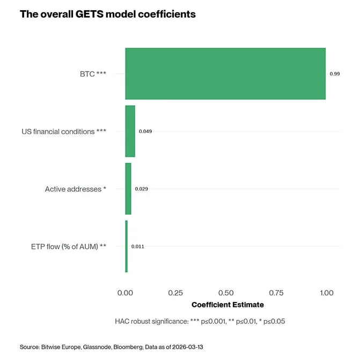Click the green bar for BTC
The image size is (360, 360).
pos(225,74)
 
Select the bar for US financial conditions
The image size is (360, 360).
pos(130,131)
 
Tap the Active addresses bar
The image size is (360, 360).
pos(128,189)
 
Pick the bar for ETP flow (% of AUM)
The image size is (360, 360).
pos(126,246)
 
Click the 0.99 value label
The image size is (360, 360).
pos(334,74)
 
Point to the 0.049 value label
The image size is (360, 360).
pos(145,131)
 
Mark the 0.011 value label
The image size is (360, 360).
pos(138,246)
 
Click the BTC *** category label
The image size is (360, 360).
pos(89,74)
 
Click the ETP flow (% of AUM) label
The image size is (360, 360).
pos(68,246)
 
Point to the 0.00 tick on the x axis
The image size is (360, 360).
pos(126,293)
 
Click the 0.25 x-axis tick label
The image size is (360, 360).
pos(175,293)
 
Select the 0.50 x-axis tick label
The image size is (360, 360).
pos(226,293)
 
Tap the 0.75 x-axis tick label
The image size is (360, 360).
pos(276,293)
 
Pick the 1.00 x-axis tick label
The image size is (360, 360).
pos(326,293)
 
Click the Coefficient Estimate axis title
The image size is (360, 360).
pos(227,305)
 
